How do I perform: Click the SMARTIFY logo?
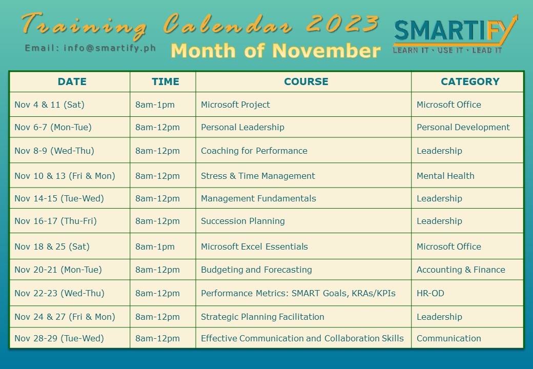pyautogui.click(x=455, y=34)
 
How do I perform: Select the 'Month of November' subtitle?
pyautogui.click(x=275, y=51)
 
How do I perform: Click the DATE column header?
pyautogui.click(x=72, y=81)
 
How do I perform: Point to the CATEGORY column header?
pyautogui.click(x=470, y=81)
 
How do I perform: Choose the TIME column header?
pyautogui.click(x=165, y=81)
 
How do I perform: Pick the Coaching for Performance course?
pyautogui.click(x=254, y=151)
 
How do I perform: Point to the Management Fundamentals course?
pyautogui.click(x=258, y=198)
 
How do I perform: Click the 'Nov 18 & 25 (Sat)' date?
pyautogui.click(x=52, y=247)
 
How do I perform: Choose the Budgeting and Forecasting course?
pyautogui.click(x=256, y=270)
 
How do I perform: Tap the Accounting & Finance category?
pyautogui.click(x=461, y=270)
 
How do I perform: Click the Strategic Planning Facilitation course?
pyautogui.click(x=262, y=317)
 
